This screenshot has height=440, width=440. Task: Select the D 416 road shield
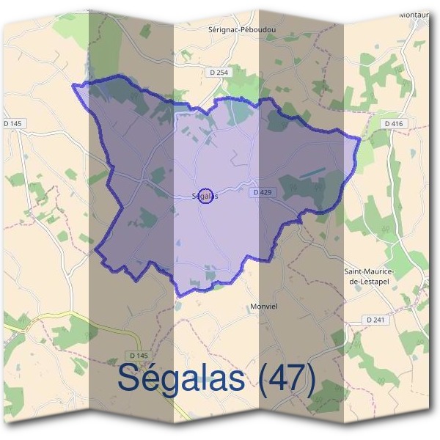[394, 124]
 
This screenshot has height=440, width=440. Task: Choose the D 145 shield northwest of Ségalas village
[15, 123]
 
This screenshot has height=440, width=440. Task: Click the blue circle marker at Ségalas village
[206, 196]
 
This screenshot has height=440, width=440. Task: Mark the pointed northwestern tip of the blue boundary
[73, 86]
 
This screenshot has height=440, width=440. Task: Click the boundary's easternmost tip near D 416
[360, 137]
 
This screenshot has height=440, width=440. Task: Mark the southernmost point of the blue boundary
[178, 296]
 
